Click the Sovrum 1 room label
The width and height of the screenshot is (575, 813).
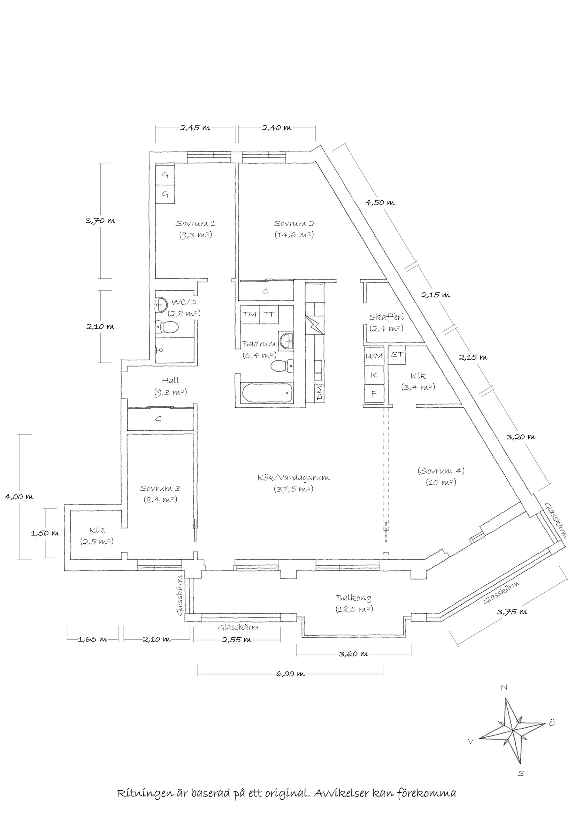click(x=195, y=223)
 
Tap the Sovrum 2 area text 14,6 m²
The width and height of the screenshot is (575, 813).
click(x=294, y=235)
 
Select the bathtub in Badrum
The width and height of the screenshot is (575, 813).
click(x=268, y=393)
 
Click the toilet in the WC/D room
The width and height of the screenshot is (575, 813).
click(x=167, y=327)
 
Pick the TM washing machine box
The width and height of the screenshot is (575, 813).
click(x=250, y=314)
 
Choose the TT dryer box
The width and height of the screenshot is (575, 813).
click(x=269, y=314)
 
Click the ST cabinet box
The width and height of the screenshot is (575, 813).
click(x=397, y=354)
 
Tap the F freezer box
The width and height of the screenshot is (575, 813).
click(x=374, y=393)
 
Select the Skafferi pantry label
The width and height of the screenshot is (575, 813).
click(x=386, y=317)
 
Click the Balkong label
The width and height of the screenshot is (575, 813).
click(x=354, y=598)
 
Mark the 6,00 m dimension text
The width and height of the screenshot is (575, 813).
click(x=290, y=674)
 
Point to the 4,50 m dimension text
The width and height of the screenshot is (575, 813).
click(x=380, y=203)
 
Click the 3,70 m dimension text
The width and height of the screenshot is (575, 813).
click(x=100, y=221)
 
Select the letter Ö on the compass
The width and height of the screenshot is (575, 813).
click(x=552, y=723)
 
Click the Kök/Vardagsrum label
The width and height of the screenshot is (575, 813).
click(x=293, y=478)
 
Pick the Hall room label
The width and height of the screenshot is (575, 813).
click(x=171, y=381)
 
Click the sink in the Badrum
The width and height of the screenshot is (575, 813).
click(x=286, y=342)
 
